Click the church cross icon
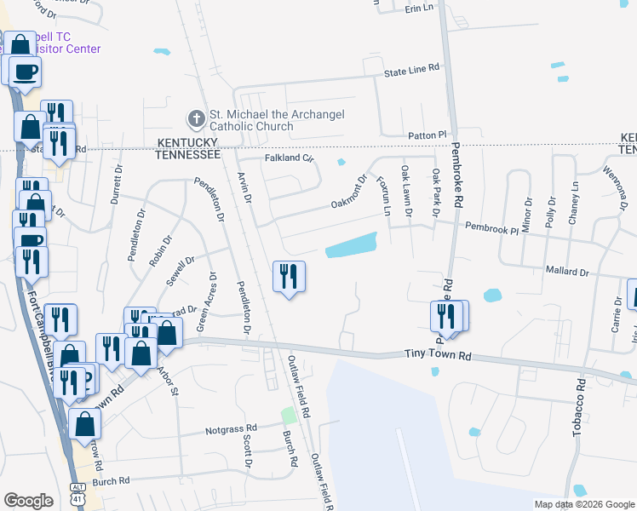(x=194, y=118)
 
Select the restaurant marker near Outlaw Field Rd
(x=289, y=277)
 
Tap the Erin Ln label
(x=419, y=8)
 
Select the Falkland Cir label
(x=289, y=158)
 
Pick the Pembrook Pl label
(x=491, y=229)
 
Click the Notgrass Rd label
(x=231, y=430)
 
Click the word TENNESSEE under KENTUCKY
(x=187, y=155)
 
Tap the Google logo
(x=28, y=501)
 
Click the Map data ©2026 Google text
(x=583, y=504)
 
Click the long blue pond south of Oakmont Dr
(x=351, y=245)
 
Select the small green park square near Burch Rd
(x=290, y=416)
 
